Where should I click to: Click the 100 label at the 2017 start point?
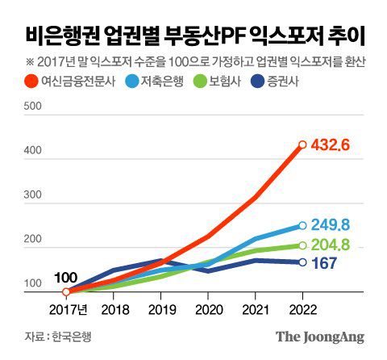click(65, 278)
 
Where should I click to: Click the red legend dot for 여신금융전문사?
click(32, 82)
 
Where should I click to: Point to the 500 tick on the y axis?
click(33, 106)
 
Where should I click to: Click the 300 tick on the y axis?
click(33, 195)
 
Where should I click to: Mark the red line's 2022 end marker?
click(302, 145)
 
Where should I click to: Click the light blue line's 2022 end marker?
click(302, 226)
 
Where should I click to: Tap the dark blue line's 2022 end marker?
click(302, 262)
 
